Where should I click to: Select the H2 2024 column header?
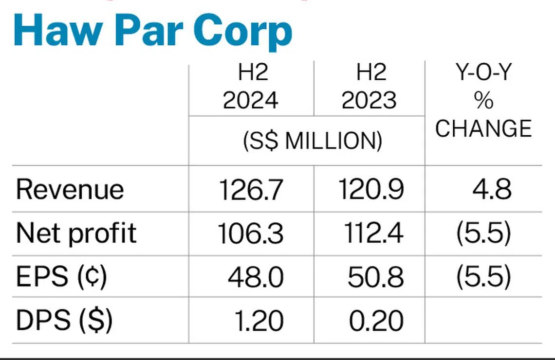pos(251,88)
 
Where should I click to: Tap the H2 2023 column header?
pos(370,88)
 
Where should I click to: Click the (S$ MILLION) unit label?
pos(312,140)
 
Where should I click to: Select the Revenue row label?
pos(70,189)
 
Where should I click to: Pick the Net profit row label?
pos(76,234)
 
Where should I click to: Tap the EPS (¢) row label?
pos(61,277)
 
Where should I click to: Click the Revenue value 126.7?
pos(251,189)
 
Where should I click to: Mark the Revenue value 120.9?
pos(371,189)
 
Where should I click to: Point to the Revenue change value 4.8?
pos(492,189)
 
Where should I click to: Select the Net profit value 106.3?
pos(251,234)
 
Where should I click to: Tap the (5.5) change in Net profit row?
pos(483,234)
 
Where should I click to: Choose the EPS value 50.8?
pos(375,277)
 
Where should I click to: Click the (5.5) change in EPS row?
pos(483,277)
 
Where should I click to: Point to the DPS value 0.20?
pos(376,321)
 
